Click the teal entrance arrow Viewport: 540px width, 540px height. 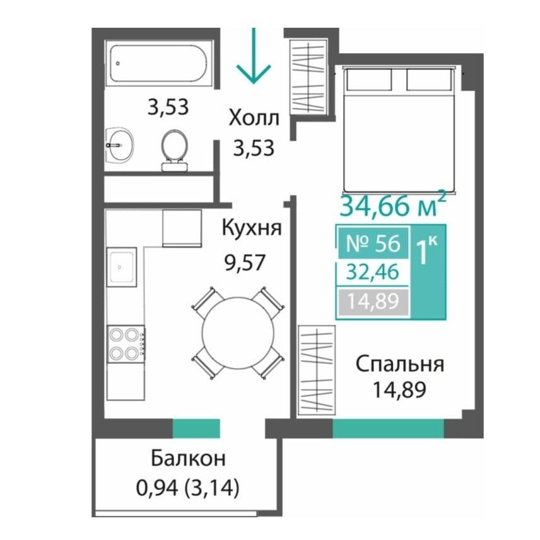point(254,55)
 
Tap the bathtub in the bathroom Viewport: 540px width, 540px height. point(159,63)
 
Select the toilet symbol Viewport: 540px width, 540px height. point(175,150)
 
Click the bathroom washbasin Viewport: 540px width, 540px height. point(119,145)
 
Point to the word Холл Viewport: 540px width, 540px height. point(254,118)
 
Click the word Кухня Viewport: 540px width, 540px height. point(252,228)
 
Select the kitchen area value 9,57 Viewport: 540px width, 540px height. point(245,263)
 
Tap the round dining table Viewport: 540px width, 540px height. point(238,332)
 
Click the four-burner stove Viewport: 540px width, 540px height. point(126,344)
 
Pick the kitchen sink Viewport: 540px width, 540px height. point(122,267)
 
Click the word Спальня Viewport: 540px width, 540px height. point(400,365)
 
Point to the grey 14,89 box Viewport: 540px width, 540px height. point(373,302)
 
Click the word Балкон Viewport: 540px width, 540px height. point(189,459)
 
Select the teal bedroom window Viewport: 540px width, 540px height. point(389,429)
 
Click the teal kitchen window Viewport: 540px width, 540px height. point(196,429)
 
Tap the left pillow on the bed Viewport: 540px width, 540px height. point(369,79)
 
